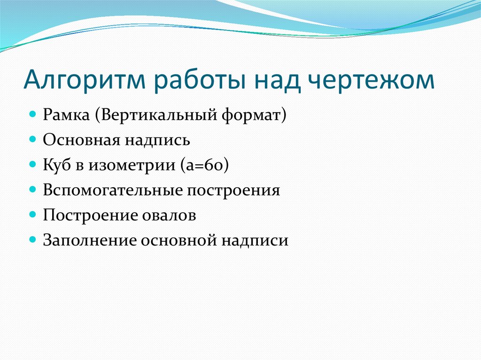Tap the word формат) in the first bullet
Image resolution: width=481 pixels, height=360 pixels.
tap(254, 115)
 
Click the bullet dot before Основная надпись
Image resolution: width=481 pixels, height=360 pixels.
tap(33, 140)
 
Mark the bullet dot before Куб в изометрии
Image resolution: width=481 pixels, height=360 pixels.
tap(33, 165)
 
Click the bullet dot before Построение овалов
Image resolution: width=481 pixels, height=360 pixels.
tap(33, 215)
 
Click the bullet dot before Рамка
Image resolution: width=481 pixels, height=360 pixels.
tap(33, 115)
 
